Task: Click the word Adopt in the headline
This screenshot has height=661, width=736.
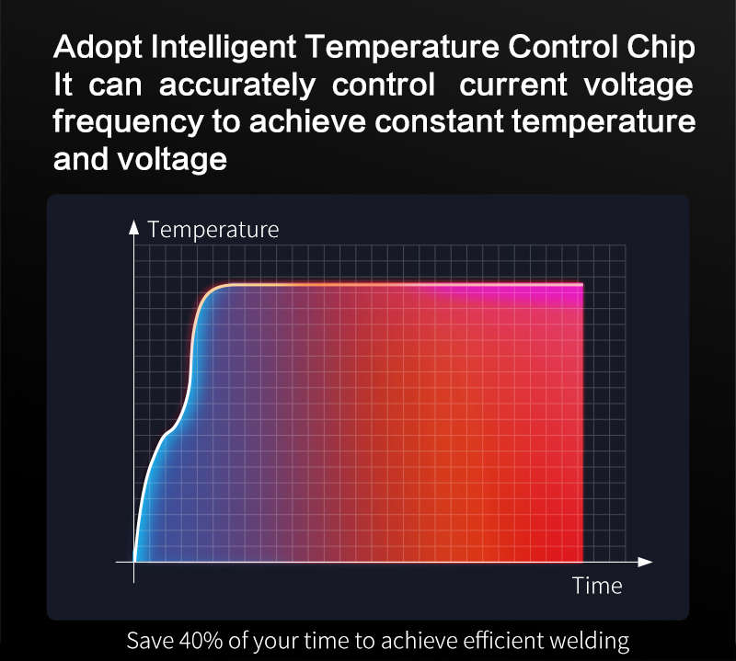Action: click(98, 48)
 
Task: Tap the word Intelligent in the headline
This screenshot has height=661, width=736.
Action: click(224, 47)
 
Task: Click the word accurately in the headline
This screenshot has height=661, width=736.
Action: click(237, 85)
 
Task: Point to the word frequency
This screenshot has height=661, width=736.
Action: click(128, 122)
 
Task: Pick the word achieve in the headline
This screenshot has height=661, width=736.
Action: click(307, 121)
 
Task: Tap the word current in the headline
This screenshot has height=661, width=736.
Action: click(513, 85)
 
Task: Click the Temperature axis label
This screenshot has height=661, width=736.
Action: click(213, 230)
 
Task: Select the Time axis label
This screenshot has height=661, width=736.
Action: click(597, 586)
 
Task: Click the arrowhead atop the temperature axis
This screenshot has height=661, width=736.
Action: click(133, 226)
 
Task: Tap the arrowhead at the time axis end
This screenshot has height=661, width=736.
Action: click(646, 562)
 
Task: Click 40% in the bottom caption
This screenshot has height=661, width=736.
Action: click(201, 641)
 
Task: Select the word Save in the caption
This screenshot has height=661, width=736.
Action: click(150, 641)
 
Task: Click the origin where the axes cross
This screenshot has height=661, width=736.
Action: click(133, 562)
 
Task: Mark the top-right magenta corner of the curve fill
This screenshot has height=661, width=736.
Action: click(582, 283)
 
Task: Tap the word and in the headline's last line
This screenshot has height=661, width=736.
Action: click(81, 159)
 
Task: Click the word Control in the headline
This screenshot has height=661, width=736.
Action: click(562, 48)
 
